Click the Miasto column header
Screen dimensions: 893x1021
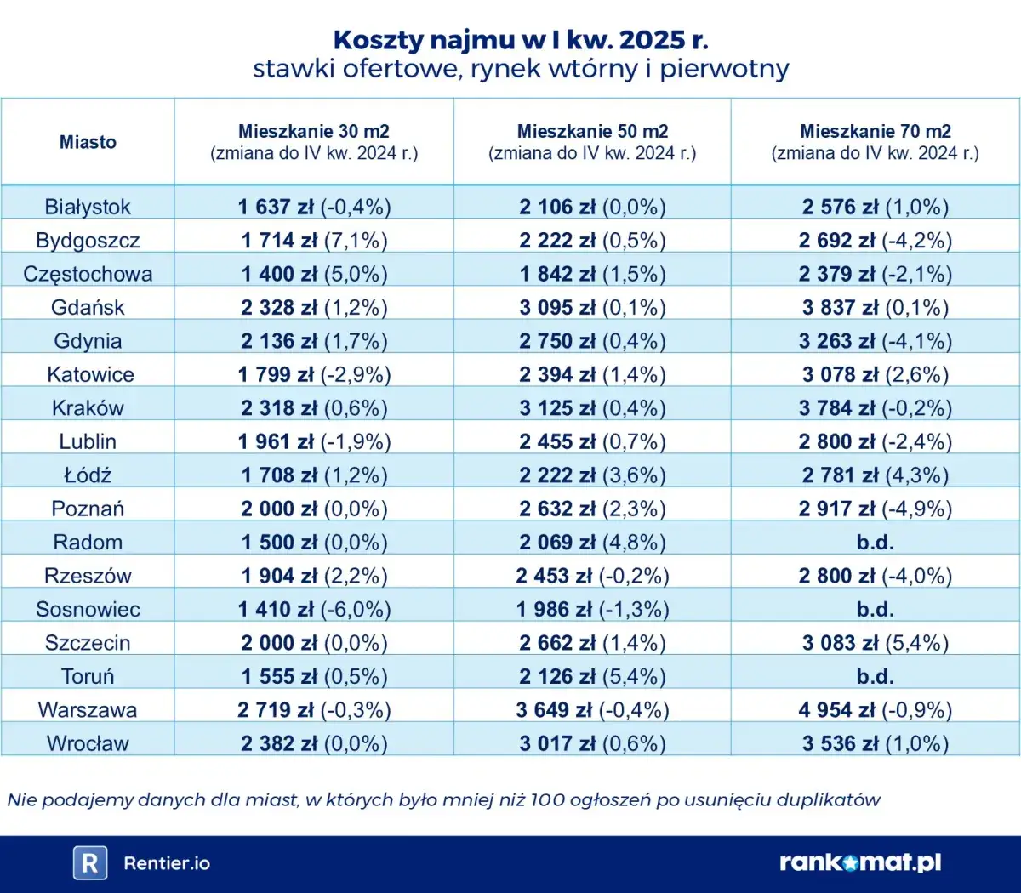click(x=88, y=142)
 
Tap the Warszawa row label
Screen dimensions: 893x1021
click(x=88, y=709)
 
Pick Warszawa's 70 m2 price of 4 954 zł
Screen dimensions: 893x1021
click(x=875, y=709)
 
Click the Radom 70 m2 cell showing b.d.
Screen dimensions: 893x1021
click(x=875, y=542)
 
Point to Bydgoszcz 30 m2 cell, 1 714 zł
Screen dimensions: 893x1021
click(x=314, y=241)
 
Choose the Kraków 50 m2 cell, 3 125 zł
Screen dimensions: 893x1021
click(x=592, y=408)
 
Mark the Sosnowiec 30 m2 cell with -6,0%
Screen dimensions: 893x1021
click(x=314, y=609)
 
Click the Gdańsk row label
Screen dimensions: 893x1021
click(x=88, y=308)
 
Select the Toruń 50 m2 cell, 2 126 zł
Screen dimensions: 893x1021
click(x=592, y=676)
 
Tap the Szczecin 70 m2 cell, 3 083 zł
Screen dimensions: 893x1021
click(x=875, y=643)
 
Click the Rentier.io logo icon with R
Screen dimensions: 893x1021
click(x=89, y=863)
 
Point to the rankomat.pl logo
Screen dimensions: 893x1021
click(x=860, y=862)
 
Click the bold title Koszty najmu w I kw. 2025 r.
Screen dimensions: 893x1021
click(x=520, y=40)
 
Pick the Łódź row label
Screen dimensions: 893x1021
click(x=88, y=475)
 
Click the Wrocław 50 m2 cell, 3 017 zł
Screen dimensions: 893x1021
click(x=592, y=743)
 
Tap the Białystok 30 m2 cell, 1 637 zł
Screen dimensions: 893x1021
click(x=314, y=207)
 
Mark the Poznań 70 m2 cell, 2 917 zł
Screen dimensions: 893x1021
click(x=875, y=509)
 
